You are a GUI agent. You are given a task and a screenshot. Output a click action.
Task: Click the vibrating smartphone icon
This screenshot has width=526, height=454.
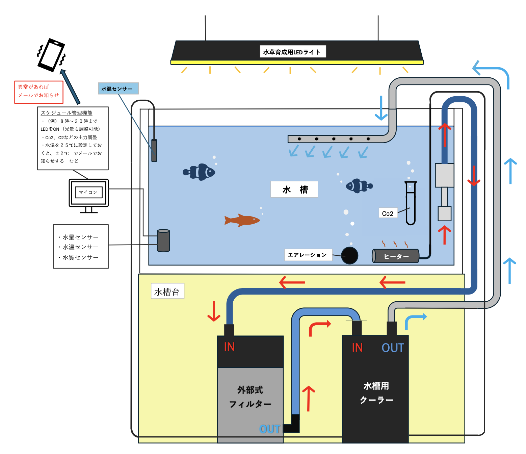click(x=51, y=55)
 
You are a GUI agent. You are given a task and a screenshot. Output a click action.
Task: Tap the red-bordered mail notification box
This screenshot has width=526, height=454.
click(x=38, y=92)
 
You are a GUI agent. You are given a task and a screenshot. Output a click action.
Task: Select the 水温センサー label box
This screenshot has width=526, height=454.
click(x=118, y=89)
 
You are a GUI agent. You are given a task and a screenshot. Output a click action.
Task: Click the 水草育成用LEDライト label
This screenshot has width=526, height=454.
click(x=292, y=52)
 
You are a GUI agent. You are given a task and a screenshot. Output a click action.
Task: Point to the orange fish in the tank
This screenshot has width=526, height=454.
click(x=242, y=220)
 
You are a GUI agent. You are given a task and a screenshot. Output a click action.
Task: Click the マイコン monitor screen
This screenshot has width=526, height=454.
click(x=88, y=193)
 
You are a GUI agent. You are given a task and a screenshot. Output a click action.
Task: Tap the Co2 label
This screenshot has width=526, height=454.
click(x=387, y=213)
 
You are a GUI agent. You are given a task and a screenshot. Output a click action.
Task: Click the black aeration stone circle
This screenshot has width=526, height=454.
click(x=349, y=255)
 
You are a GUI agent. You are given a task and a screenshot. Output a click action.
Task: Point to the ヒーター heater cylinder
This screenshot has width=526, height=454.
click(x=396, y=256)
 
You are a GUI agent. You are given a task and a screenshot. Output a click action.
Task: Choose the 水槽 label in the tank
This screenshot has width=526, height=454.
click(x=294, y=190)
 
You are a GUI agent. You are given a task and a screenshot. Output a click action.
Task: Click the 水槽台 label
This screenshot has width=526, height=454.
click(x=167, y=291)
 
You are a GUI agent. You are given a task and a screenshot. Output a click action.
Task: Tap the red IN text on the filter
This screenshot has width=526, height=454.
click(x=229, y=347)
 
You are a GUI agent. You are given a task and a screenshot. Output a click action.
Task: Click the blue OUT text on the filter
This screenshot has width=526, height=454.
click(x=269, y=429)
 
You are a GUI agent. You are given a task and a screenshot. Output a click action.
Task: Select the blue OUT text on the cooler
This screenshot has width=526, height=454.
click(x=393, y=348)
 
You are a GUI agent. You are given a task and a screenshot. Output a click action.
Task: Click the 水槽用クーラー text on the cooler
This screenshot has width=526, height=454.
click(x=376, y=393)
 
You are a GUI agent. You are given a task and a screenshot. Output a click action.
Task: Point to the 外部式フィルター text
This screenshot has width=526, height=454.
click(x=250, y=397)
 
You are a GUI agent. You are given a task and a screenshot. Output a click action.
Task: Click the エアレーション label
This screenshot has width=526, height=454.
click(x=308, y=255)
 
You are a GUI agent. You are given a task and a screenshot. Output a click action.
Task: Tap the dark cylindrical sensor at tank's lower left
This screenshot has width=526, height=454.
click(x=163, y=241)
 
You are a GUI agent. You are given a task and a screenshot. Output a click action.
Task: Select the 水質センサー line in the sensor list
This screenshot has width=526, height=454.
click(x=80, y=257)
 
